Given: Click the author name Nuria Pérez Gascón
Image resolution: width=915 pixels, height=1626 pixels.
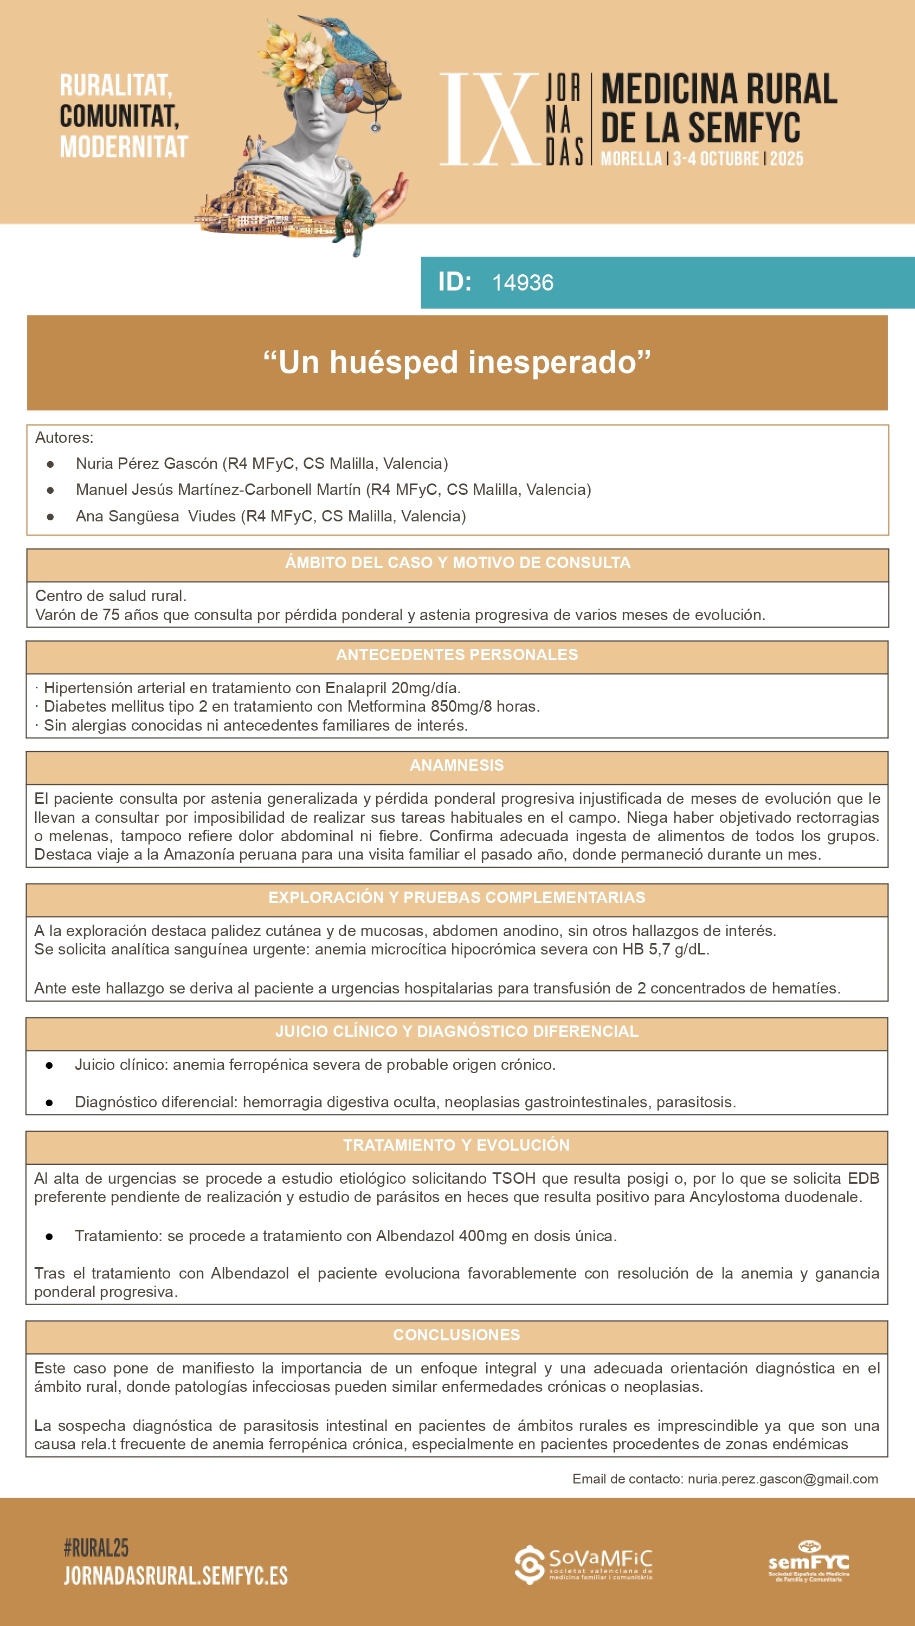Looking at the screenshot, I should (146, 463).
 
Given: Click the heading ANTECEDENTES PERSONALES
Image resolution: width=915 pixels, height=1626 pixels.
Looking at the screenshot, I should (456, 655).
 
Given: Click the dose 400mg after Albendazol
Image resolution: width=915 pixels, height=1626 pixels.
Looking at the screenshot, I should (482, 1236).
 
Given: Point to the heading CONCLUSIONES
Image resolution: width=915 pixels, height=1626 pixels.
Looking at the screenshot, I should (456, 1335).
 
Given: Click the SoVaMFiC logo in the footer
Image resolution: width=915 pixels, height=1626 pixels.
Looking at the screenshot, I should (583, 1564).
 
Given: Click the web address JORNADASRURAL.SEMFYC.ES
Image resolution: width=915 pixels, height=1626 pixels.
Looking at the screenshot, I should (176, 1576).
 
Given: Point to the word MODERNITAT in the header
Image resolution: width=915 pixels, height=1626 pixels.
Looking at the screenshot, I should (124, 146).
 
